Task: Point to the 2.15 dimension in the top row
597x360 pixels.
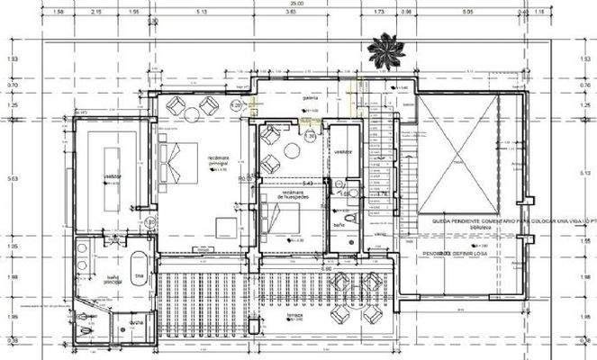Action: [x=97, y=13]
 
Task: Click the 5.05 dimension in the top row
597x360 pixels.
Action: [x=467, y=13]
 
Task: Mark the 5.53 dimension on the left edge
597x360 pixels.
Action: [x=12, y=178]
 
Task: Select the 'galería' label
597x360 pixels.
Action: [x=310, y=98]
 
